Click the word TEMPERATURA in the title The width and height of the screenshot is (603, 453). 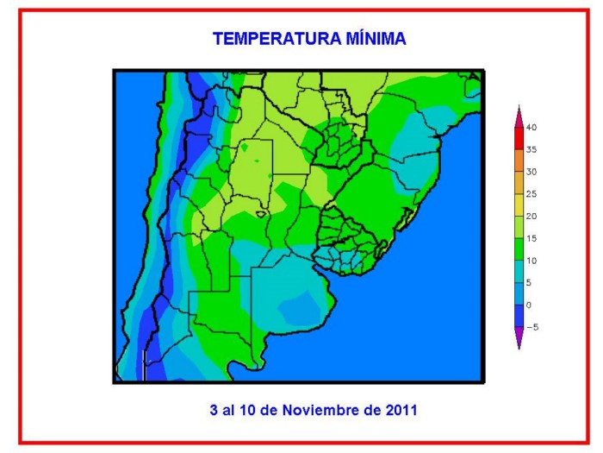277,39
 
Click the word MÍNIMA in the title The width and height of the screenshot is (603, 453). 376,39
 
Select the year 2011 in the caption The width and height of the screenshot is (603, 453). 401,410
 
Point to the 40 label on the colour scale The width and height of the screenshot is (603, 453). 532,128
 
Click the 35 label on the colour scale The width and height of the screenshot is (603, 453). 532,149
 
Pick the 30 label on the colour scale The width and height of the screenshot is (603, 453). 532,172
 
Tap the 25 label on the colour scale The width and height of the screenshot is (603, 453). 532,194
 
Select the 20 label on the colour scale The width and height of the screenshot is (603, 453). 532,216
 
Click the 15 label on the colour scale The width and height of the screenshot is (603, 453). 532,238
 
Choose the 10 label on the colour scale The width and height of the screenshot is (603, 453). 532,261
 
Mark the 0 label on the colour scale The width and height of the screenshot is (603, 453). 529,305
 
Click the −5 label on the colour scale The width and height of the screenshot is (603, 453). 532,327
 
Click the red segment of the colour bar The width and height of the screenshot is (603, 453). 519,139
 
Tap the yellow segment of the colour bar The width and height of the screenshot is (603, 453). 519,205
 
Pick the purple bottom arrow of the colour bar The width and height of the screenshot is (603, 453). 519,337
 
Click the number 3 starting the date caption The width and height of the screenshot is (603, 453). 214,410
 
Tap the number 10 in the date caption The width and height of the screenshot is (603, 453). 248,410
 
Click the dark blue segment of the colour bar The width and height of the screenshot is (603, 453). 519,316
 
